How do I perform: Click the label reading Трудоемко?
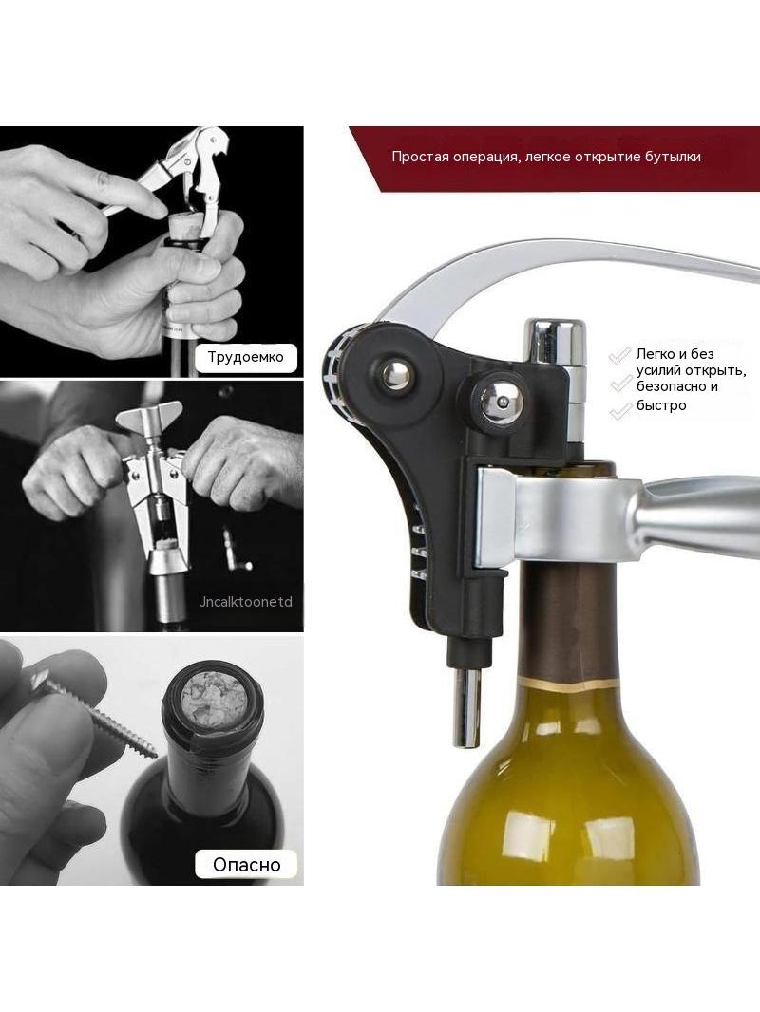coord(245,356)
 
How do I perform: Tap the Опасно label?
coord(247,864)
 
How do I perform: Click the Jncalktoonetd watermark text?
coord(246,602)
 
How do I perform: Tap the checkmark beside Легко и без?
coord(620,354)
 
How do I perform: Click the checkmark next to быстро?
coord(620,409)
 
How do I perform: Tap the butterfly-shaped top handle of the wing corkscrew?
coord(149,418)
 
